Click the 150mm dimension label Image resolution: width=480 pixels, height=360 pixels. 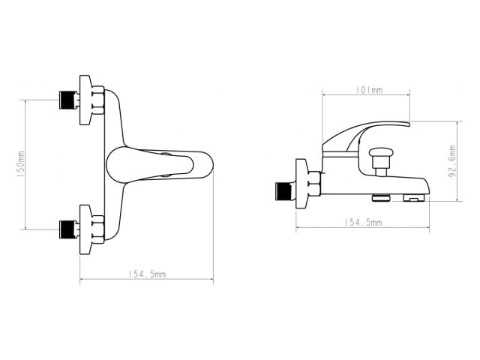[x=21, y=164]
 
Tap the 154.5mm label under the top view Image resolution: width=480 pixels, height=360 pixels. [x=147, y=274]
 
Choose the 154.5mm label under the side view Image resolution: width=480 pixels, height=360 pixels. [x=363, y=223]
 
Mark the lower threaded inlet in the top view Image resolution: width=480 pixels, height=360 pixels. [x=69, y=227]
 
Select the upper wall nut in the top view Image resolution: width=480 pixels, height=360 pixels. [x=91, y=100]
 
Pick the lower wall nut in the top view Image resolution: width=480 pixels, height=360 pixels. [x=91, y=227]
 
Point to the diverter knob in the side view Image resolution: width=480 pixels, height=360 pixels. [x=382, y=155]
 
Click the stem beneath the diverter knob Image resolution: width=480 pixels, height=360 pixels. [x=382, y=170]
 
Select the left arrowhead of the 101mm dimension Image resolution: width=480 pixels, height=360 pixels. [x=325, y=94]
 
